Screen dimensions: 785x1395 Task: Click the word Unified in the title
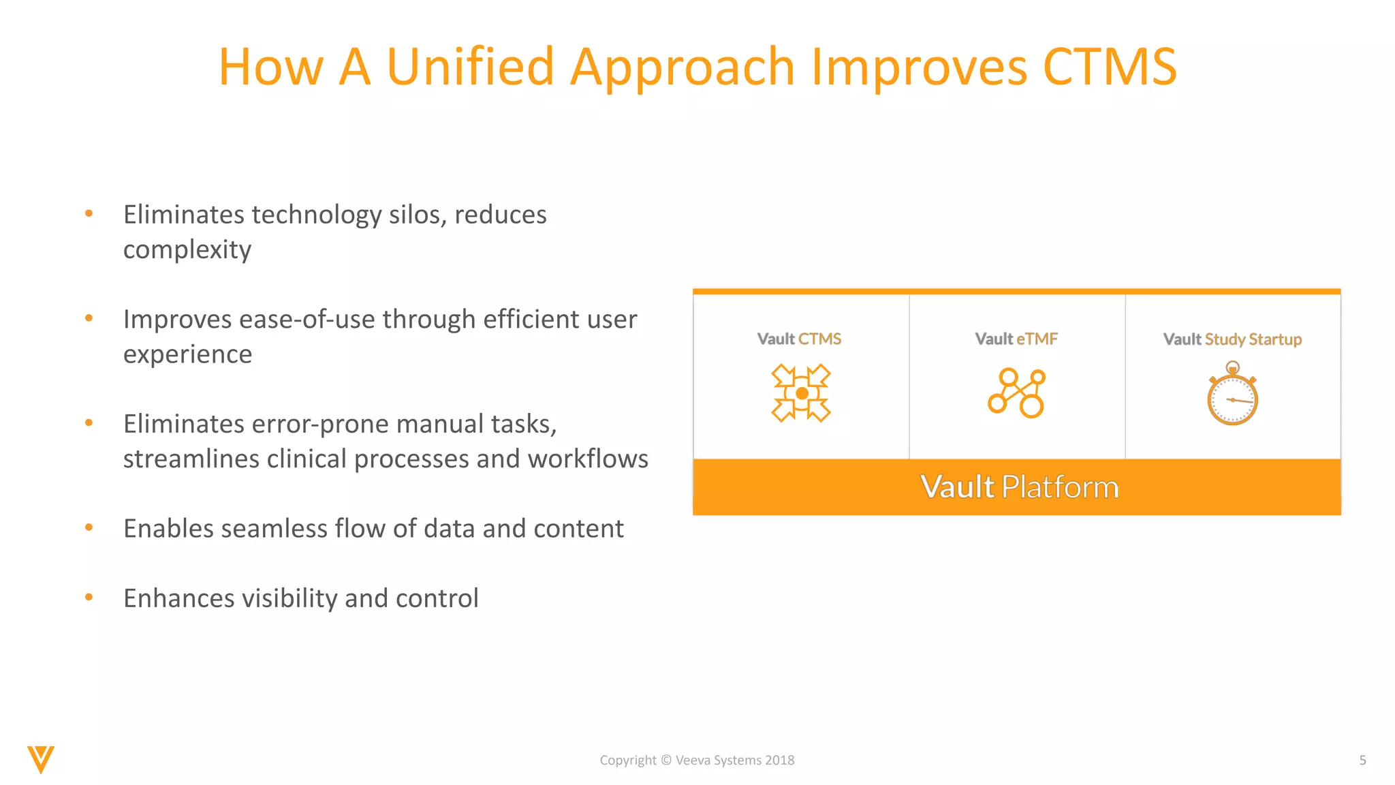(470, 67)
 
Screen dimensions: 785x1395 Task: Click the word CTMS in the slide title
(1110, 67)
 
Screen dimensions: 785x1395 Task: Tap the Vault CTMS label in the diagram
(799, 339)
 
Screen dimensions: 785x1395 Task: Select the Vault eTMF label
(1016, 339)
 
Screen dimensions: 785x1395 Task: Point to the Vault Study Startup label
(1232, 339)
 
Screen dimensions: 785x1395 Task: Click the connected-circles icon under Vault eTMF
(1016, 393)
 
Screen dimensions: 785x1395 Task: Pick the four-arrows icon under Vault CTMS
(801, 393)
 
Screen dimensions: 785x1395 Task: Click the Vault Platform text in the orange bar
(1019, 487)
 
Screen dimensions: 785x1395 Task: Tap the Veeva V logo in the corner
(41, 759)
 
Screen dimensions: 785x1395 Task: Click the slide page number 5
(1362, 760)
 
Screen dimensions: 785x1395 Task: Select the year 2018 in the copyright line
(779, 760)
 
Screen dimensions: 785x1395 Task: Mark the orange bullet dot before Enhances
(89, 598)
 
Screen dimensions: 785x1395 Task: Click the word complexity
(187, 250)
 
